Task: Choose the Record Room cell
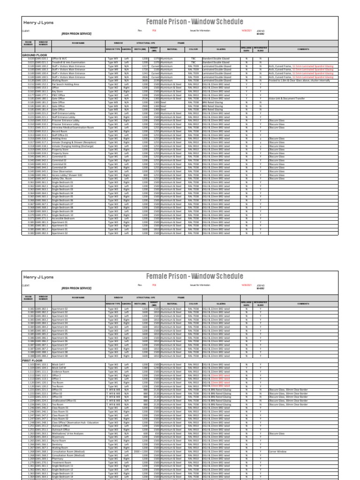click(x=60, y=131)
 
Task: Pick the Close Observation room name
click(x=63, y=172)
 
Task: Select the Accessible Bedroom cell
click(x=64, y=218)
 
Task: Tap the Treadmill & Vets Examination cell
click(x=67, y=62)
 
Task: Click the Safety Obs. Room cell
click(x=61, y=179)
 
